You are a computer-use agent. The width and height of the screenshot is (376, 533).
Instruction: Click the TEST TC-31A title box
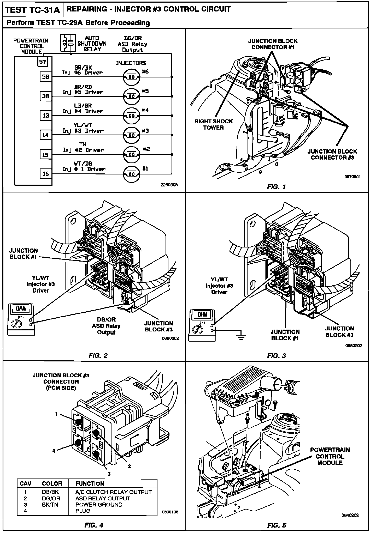pyautogui.click(x=33, y=10)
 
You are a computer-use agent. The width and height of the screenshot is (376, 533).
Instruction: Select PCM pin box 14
pyautogui.click(x=46, y=135)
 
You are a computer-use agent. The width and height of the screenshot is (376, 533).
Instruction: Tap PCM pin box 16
pyautogui.click(x=46, y=174)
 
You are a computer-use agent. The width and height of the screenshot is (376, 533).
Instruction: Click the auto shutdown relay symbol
pyautogui.click(x=68, y=43)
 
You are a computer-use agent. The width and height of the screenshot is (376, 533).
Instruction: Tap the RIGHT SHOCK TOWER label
pyautogui.click(x=214, y=124)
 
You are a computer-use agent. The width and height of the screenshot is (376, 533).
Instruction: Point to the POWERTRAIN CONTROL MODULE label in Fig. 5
pyautogui.click(x=330, y=456)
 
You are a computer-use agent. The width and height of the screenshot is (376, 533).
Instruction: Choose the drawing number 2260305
pyautogui.click(x=169, y=185)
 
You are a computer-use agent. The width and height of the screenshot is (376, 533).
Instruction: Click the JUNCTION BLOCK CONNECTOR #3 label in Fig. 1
pyautogui.click(x=332, y=154)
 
